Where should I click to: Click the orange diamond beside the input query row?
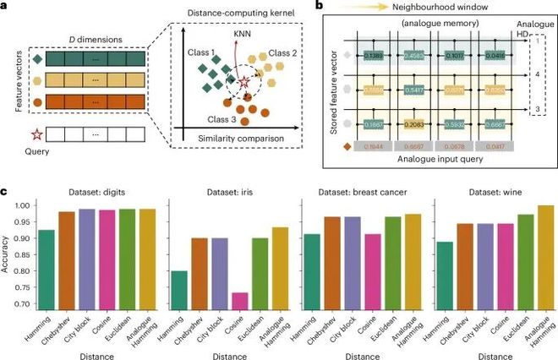point(344,147)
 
